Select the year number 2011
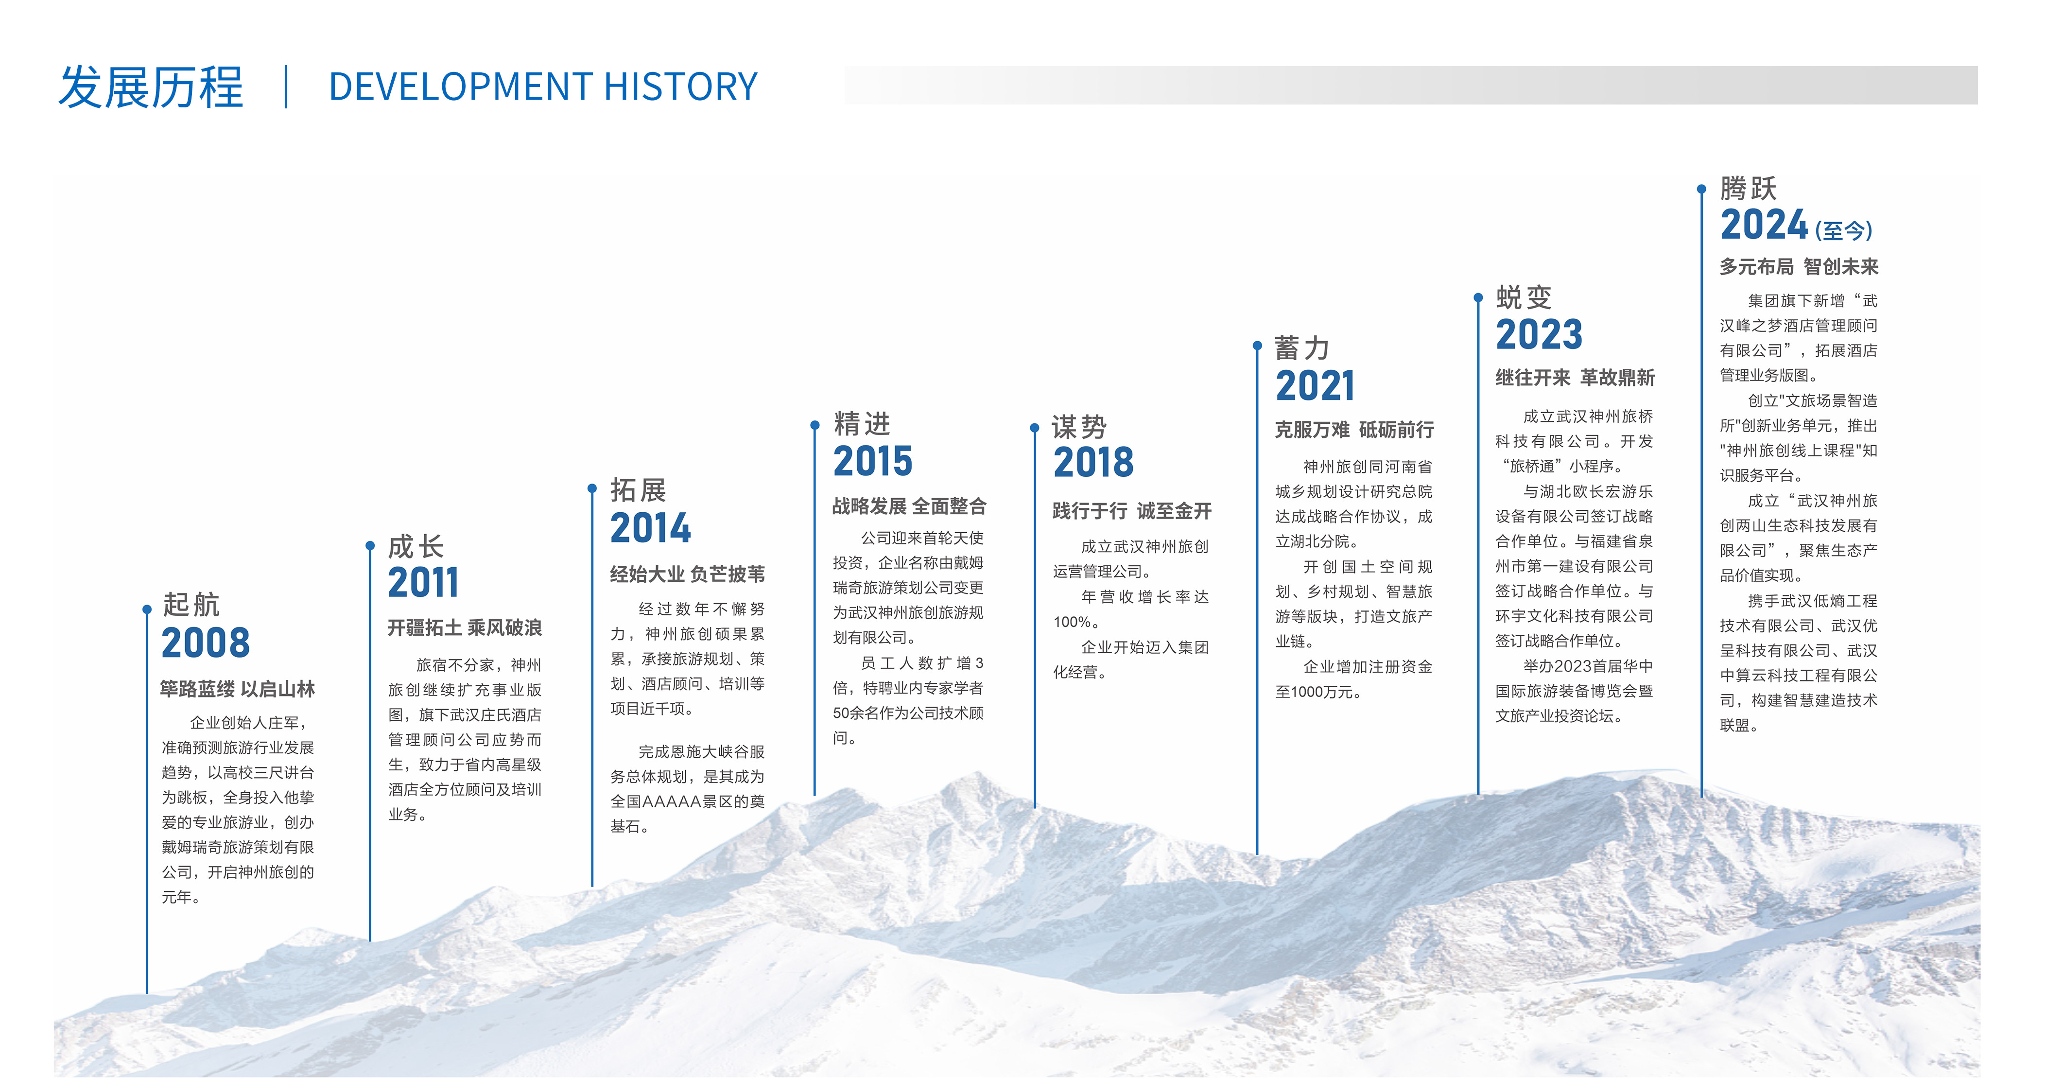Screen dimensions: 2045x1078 click(423, 583)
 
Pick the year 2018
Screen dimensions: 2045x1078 click(1093, 462)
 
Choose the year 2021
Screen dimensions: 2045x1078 click(1315, 386)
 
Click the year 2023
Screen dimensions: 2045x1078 click(1539, 334)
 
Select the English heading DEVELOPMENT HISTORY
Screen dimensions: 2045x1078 click(543, 87)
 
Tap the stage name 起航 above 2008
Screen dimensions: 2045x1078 click(191, 605)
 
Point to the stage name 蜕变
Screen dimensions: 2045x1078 click(1524, 297)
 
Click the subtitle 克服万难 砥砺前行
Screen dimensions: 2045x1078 click(1354, 430)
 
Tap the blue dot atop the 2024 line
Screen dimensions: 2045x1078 click(1701, 189)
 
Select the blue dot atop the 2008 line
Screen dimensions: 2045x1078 click(147, 609)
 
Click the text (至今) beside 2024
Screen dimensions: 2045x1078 click(1843, 231)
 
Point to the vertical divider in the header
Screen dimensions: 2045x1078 click(286, 87)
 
